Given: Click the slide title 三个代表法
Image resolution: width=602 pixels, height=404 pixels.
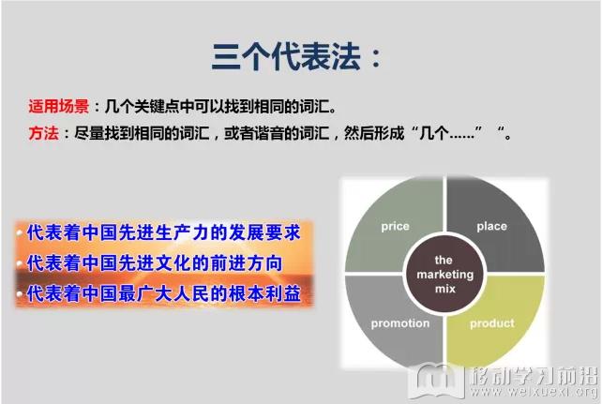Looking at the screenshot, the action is (x=286, y=57).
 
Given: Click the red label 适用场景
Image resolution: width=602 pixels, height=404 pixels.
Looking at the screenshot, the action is (x=59, y=106).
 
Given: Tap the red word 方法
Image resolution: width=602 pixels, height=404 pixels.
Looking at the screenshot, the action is (x=43, y=133).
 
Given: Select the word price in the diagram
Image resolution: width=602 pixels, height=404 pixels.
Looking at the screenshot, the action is (x=395, y=227).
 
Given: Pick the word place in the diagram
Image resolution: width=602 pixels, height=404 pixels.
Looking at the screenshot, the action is (x=491, y=226).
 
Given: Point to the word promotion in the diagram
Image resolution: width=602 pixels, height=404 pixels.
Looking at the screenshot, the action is (x=400, y=323).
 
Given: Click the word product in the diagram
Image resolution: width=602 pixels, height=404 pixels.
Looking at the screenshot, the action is (x=492, y=323).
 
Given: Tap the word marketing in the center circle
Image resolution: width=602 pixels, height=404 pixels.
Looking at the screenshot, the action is (x=445, y=275).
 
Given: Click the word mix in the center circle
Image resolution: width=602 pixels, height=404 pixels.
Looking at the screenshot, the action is (x=445, y=289).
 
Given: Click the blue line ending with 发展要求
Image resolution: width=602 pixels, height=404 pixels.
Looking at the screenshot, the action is (x=163, y=232).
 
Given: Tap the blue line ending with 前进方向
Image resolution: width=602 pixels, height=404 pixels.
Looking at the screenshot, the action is (x=155, y=263).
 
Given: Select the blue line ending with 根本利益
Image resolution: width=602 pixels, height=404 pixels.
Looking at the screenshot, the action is (x=163, y=294).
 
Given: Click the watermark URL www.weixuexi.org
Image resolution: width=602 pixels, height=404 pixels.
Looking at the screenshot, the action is (x=534, y=391).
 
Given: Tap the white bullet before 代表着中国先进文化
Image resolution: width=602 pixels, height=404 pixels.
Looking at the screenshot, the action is (x=20, y=263).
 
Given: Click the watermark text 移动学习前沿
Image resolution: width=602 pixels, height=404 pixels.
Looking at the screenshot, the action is (x=534, y=375).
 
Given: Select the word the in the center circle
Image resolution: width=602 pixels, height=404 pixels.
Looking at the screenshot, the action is (x=444, y=261).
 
